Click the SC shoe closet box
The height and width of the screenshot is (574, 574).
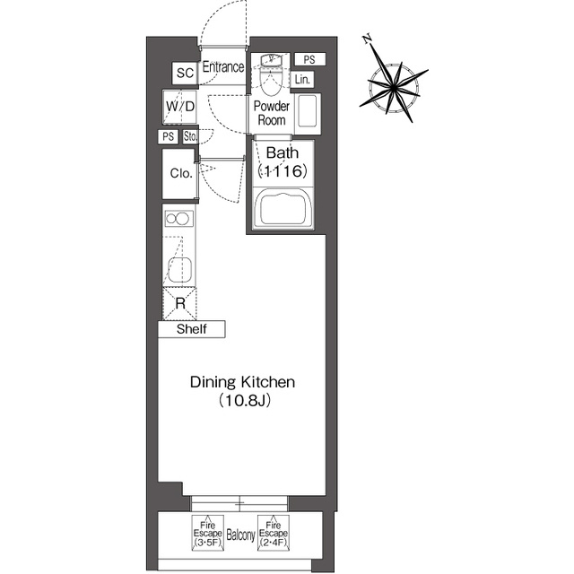[185, 73]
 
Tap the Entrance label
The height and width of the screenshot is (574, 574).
[223, 67]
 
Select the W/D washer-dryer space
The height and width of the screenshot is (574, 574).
[179, 107]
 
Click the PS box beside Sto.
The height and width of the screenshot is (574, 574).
[168, 136]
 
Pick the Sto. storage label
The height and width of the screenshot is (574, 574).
[190, 137]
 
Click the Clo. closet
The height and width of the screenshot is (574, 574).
[180, 173]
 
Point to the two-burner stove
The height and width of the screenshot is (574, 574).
[179, 219]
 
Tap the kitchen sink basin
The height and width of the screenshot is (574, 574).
[179, 270]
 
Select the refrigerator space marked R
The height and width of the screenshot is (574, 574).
[179, 303]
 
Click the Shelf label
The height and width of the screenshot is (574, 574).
[191, 329]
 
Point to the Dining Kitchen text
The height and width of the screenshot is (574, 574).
[242, 382]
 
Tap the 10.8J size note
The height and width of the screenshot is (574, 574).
[245, 401]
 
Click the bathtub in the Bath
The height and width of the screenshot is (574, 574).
[283, 209]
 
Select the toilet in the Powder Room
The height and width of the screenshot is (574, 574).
[271, 75]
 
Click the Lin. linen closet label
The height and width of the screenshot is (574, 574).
[302, 80]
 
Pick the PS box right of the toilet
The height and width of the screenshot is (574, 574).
[309, 59]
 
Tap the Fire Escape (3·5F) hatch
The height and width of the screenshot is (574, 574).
[207, 533]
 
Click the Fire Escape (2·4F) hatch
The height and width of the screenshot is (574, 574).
[273, 533]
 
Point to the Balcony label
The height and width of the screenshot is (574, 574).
[240, 535]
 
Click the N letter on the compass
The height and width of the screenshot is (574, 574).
[367, 39]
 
